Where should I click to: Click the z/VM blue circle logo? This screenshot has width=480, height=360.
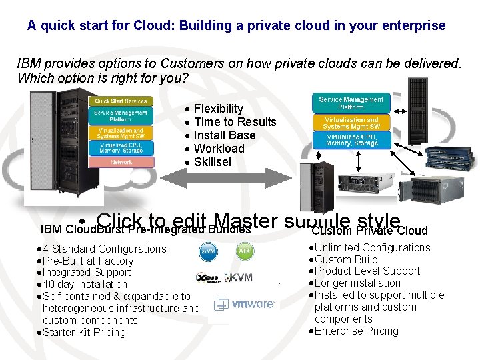click(x=208, y=253)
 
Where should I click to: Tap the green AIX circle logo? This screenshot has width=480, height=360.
click(x=245, y=253)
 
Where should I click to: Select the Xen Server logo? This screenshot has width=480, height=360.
click(x=208, y=277)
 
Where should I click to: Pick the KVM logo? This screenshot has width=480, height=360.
click(x=240, y=277)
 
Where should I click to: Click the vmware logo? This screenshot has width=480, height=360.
click(x=244, y=304)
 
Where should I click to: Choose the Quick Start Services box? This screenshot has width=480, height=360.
click(x=121, y=101)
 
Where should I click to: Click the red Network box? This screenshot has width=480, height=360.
click(x=121, y=162)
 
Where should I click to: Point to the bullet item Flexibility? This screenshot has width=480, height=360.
click(x=218, y=109)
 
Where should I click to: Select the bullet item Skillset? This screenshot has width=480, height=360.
click(x=213, y=162)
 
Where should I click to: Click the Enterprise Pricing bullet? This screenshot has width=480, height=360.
click(x=356, y=331)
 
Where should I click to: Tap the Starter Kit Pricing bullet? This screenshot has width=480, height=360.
click(x=83, y=333)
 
